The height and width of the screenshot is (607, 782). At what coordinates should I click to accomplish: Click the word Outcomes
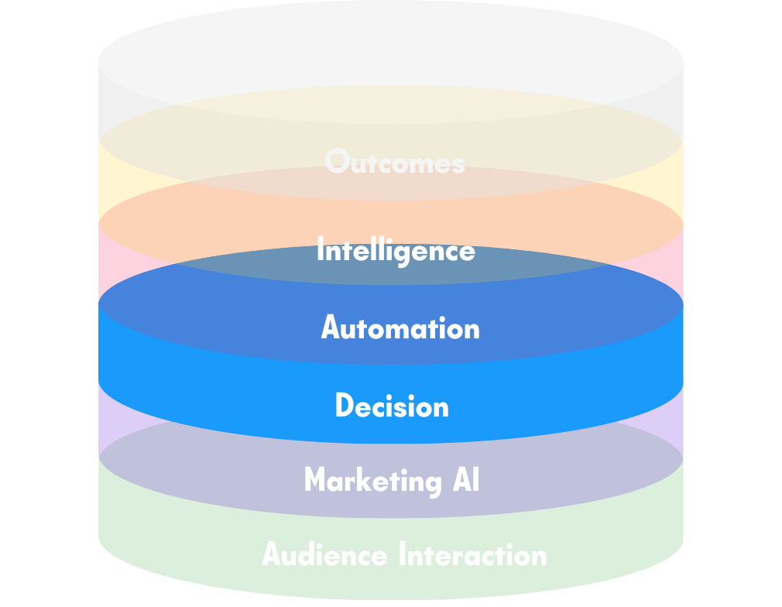(x=395, y=162)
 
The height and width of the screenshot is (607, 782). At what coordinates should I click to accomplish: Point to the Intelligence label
(x=396, y=251)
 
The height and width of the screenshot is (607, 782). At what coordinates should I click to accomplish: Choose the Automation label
(x=400, y=328)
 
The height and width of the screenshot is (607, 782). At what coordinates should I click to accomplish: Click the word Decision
(x=392, y=406)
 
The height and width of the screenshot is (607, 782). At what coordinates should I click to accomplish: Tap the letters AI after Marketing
(x=466, y=480)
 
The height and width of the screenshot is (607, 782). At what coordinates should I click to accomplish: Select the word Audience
(x=324, y=554)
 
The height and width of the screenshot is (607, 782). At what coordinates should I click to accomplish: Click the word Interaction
(x=472, y=554)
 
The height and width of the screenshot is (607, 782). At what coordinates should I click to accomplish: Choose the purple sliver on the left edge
(x=108, y=422)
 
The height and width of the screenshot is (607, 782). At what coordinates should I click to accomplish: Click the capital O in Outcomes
(x=337, y=162)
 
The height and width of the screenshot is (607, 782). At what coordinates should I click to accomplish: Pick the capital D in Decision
(x=344, y=406)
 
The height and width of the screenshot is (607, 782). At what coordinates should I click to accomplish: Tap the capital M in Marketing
(x=315, y=480)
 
